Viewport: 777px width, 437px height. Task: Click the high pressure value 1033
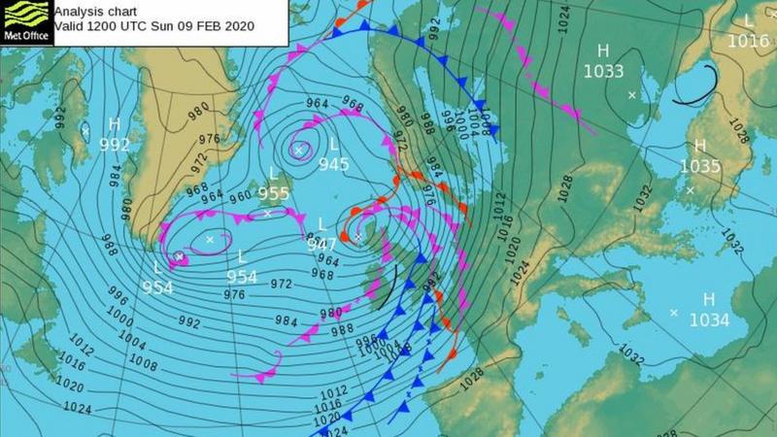[603, 70]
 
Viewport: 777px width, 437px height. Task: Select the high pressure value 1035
[699, 166]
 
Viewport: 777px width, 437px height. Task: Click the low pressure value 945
[333, 164]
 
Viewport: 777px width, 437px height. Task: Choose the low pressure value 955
[274, 193]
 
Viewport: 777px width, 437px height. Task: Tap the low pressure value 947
[321, 245]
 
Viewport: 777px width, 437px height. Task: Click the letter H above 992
[115, 124]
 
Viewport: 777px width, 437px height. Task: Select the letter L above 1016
[748, 21]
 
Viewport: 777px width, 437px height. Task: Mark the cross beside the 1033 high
[632, 95]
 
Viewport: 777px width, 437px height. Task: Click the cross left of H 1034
[674, 312]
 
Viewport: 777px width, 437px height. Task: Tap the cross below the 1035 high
[691, 189]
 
